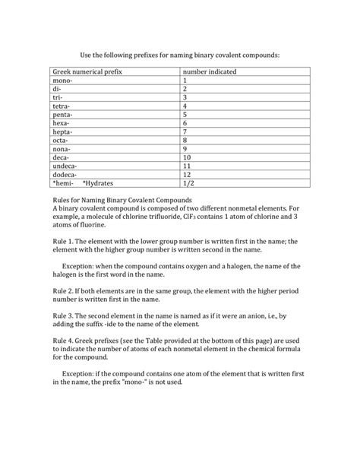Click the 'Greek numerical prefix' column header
(x=87, y=71)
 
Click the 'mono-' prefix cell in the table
(x=64, y=81)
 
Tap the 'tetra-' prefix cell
(x=63, y=106)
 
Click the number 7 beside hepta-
(x=185, y=132)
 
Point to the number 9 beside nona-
(x=185, y=149)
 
